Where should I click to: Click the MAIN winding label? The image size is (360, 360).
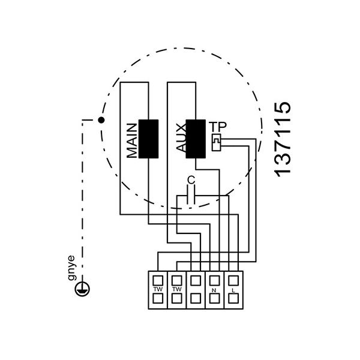(x=133, y=140)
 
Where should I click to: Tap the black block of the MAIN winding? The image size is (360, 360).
(x=148, y=139)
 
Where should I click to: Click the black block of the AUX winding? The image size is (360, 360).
(x=195, y=139)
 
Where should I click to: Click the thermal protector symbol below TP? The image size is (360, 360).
(x=217, y=142)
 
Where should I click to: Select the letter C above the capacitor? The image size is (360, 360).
(x=191, y=179)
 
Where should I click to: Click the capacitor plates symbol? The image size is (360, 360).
(x=191, y=194)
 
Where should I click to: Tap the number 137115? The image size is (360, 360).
(x=282, y=138)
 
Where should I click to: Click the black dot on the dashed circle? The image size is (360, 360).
(x=101, y=120)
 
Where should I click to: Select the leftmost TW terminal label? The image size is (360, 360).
(x=158, y=289)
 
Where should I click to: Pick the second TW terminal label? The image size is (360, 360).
(x=176, y=289)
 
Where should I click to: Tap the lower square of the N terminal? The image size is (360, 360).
(x=213, y=299)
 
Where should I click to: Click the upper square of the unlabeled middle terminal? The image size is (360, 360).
(x=195, y=280)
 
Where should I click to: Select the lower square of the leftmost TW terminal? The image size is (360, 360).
(x=158, y=299)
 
